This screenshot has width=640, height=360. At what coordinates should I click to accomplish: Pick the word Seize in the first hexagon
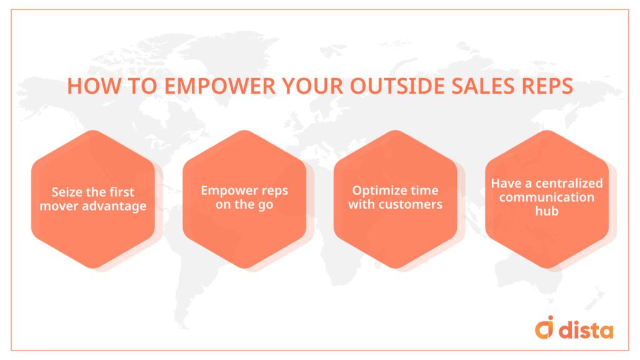click(66, 192)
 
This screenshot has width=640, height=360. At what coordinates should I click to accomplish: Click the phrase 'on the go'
click(244, 204)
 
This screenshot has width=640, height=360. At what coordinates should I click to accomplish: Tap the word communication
click(546, 197)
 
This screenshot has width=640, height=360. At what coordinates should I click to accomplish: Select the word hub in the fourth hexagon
click(546, 211)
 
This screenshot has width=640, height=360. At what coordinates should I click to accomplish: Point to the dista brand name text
click(586, 329)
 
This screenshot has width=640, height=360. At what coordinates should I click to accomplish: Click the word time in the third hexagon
click(425, 190)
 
